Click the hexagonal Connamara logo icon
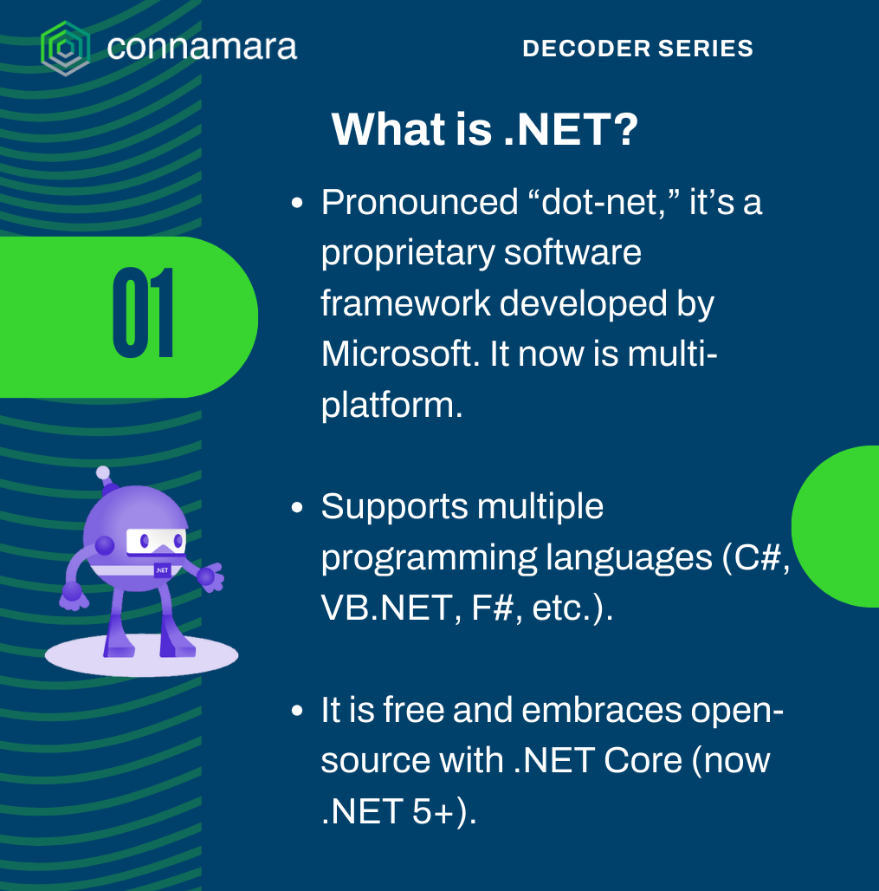pyautogui.click(x=65, y=48)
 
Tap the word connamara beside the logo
pyautogui.click(x=202, y=47)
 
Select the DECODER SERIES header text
pyautogui.click(x=637, y=49)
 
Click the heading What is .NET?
pyautogui.click(x=485, y=129)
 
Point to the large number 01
pyautogui.click(x=143, y=313)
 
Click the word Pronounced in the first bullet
pyautogui.click(x=420, y=202)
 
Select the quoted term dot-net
pyautogui.click(x=603, y=203)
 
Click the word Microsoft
pyautogui.click(x=397, y=354)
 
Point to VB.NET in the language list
pyautogui.click(x=387, y=608)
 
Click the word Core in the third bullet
pyautogui.click(x=643, y=760)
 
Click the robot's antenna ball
pyautogui.click(x=103, y=472)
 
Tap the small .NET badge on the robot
pyautogui.click(x=163, y=570)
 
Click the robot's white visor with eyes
pyautogui.click(x=156, y=541)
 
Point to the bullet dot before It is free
pyautogui.click(x=297, y=711)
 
